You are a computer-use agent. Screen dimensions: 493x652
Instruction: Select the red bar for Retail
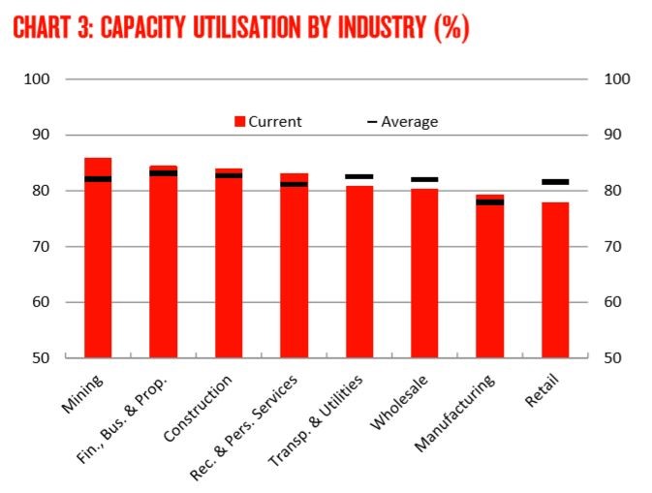555,280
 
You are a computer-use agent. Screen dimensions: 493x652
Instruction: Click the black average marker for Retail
555,182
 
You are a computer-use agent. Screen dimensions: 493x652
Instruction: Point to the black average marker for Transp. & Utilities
359,176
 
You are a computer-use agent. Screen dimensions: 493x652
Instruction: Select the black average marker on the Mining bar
98,179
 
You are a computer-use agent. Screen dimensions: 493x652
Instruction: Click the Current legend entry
268,122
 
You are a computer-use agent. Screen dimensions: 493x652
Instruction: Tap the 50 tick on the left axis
42,358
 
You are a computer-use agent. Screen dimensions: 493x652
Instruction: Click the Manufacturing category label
456,413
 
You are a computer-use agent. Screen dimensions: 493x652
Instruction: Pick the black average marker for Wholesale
424,179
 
